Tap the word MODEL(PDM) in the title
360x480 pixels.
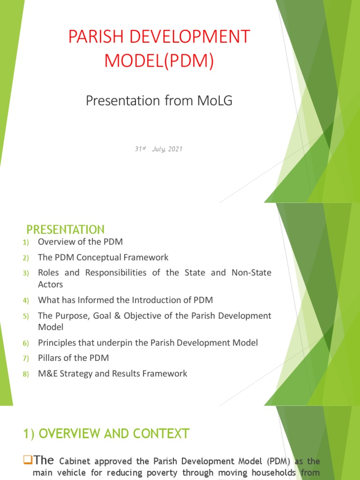click(159, 62)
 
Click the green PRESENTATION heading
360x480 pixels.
click(65, 230)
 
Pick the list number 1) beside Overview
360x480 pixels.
click(25, 243)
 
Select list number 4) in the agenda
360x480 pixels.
click(25, 300)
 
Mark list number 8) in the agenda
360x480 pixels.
click(25, 374)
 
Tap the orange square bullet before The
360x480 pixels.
click(27, 461)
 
